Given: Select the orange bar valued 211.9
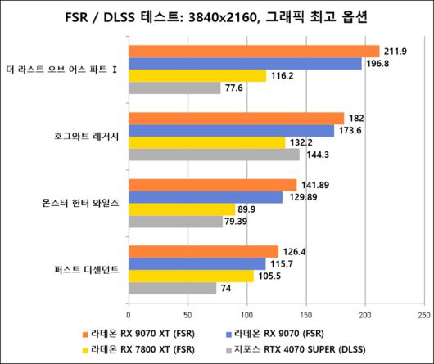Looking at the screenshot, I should [254, 52].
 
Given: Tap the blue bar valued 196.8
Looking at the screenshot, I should [245, 64].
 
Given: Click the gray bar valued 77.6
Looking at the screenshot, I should [174, 88].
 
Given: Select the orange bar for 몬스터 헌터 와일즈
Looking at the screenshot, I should [212, 185].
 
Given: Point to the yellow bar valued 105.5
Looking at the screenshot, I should [191, 276].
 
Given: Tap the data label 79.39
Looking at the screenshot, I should [242, 221].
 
